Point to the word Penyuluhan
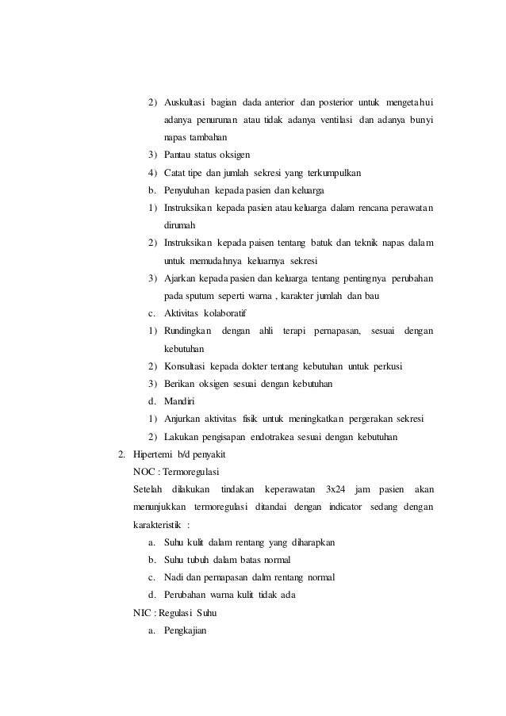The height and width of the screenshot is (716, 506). [x=188, y=190]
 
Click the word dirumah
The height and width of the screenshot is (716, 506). [x=180, y=225]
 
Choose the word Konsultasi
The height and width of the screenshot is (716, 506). [x=186, y=366]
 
